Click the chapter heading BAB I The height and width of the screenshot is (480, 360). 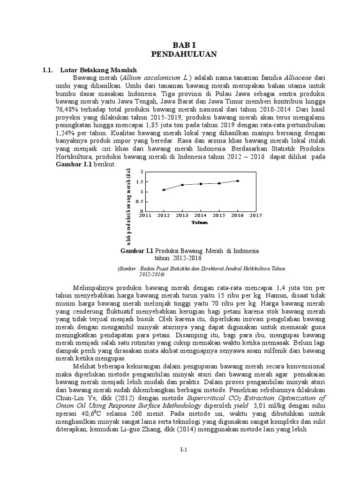coord(184,45)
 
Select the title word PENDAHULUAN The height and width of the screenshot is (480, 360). coord(184,54)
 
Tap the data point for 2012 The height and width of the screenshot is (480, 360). coord(164,190)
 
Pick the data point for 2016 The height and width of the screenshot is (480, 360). coord(238,181)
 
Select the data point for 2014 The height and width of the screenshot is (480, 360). coord(201,184)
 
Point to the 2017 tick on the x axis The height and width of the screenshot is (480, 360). coord(255,215)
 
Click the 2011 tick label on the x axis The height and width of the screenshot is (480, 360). coord(145,215)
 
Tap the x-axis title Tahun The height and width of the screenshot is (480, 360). coord(200,223)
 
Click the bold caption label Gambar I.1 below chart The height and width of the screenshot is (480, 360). coord(137,251)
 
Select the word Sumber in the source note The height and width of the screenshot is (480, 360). coord(128,268)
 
